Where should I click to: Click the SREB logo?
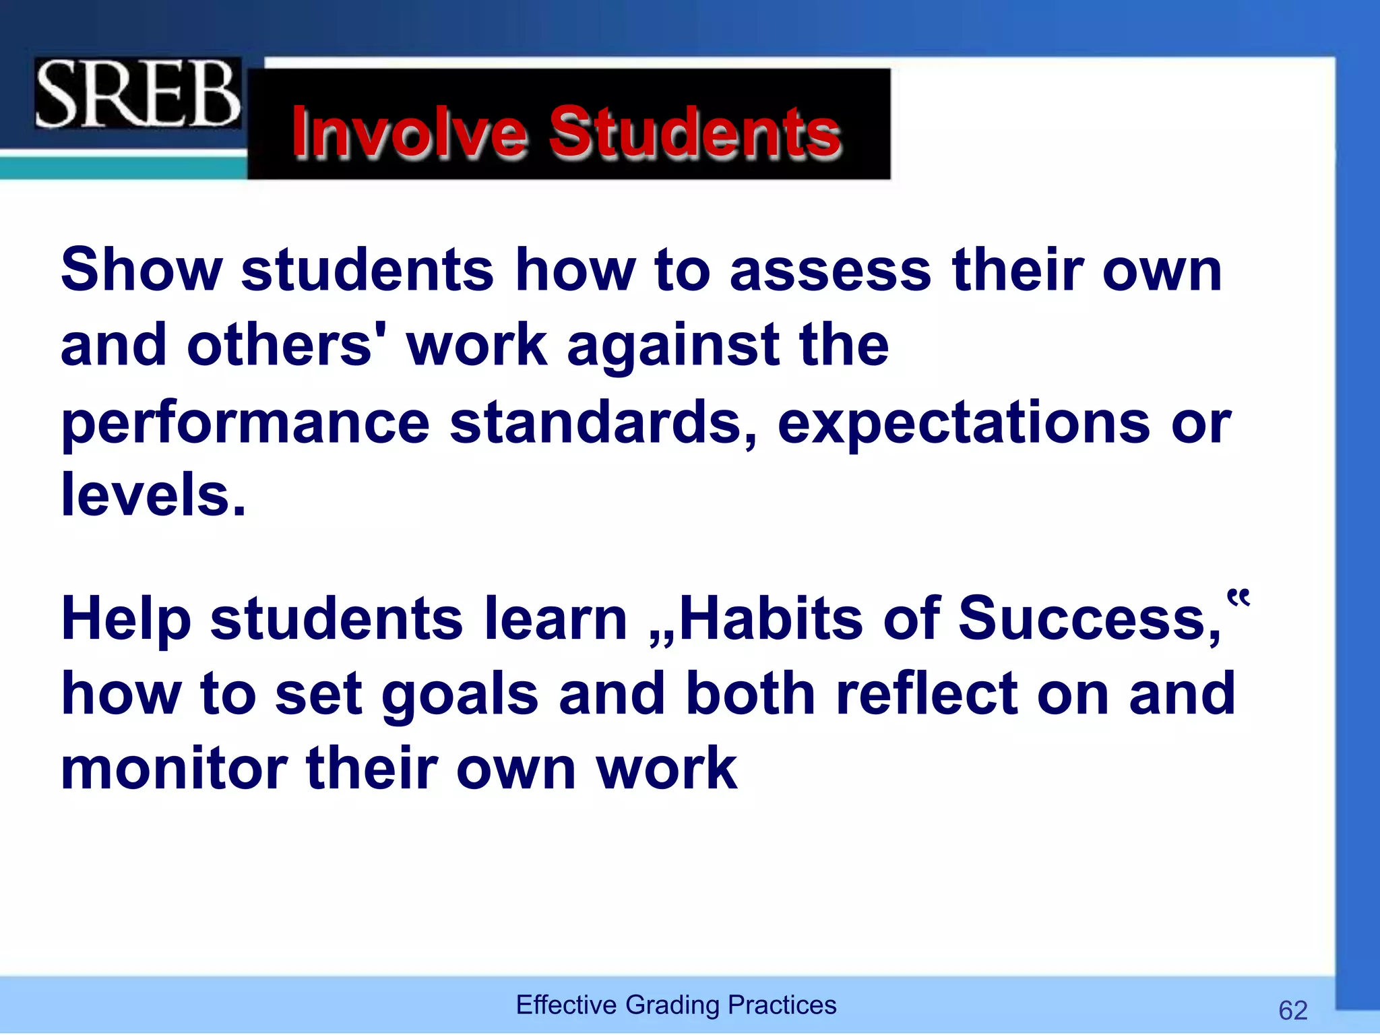[x=137, y=94]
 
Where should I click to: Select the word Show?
[x=142, y=270]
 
